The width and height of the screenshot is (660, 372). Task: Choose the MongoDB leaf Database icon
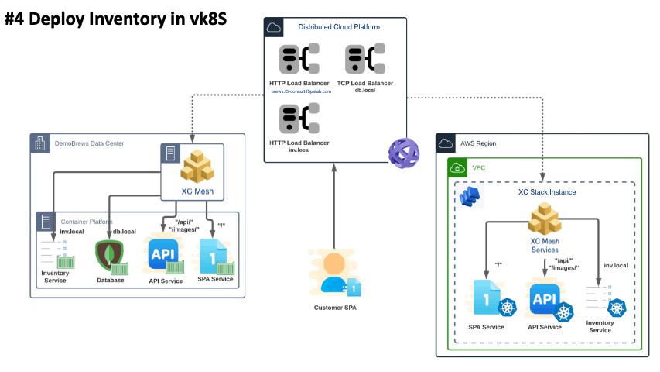[109, 257]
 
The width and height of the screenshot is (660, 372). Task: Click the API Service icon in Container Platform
[163, 257]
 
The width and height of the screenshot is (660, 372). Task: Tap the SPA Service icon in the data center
[215, 257]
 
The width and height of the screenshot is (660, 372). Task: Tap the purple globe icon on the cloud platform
[404, 151]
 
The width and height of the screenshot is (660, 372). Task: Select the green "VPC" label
[478, 167]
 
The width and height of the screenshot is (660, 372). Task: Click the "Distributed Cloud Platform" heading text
[339, 27]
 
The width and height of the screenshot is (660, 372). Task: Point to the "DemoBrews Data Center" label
[89, 143]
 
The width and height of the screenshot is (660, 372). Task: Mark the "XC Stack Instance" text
[547, 191]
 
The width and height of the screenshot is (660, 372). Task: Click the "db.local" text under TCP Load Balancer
[364, 91]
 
